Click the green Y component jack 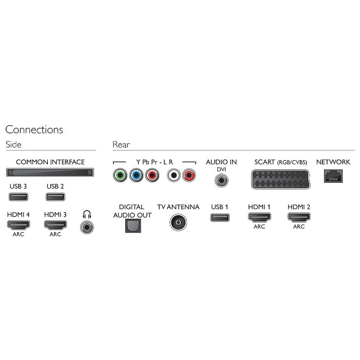tap(120, 175)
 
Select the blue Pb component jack tap(136, 175)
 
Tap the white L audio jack tap(174, 175)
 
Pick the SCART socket tap(280, 179)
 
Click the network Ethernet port tap(333, 176)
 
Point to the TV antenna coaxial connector tap(178, 222)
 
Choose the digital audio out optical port tap(133, 225)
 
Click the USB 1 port tap(220, 217)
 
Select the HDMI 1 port tap(259, 217)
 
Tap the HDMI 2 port tap(299, 217)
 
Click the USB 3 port tap(18, 197)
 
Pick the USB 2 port tap(55, 197)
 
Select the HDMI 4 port tap(18, 225)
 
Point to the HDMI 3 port tap(55, 225)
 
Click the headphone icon tap(87, 215)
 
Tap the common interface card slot tap(50, 173)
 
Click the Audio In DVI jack tap(221, 180)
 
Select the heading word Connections tap(34, 129)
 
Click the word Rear tap(121, 145)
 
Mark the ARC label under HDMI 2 tap(299, 226)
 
